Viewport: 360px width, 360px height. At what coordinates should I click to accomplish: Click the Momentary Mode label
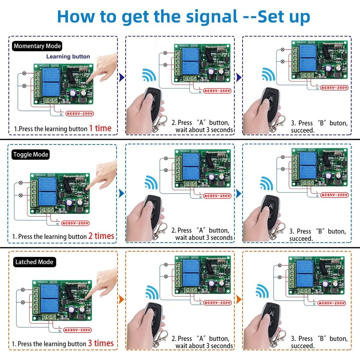[x=37, y=46]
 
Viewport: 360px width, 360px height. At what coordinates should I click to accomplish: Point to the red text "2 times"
[x=101, y=236]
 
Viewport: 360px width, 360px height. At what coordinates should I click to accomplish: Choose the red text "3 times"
[x=101, y=344]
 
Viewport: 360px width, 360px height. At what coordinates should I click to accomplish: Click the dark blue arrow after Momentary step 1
[x=121, y=78]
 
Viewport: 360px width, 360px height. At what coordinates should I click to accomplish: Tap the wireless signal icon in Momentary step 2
[x=148, y=75]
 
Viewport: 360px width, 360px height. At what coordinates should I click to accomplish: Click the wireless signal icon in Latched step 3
[x=263, y=290]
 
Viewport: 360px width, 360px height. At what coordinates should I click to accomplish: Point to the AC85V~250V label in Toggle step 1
[x=76, y=223]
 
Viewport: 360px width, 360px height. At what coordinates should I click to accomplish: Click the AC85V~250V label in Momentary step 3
[x=333, y=87]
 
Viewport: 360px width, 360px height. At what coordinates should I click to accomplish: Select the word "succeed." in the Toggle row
[x=301, y=238]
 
